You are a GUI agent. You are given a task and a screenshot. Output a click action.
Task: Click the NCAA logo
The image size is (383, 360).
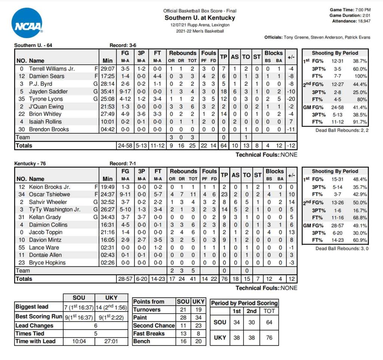(27, 23)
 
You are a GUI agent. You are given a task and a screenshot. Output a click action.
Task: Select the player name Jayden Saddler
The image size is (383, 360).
(49, 91)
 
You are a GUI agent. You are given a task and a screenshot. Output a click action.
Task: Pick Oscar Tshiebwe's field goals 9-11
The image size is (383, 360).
(125, 194)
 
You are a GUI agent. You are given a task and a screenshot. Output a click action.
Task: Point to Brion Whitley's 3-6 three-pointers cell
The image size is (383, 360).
(141, 114)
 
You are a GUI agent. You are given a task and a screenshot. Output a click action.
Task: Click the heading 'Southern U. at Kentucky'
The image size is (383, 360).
(200, 18)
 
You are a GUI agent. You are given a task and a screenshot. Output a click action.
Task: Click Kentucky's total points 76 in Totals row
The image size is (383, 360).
(224, 279)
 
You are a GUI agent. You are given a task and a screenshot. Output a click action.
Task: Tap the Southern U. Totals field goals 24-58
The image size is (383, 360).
(125, 146)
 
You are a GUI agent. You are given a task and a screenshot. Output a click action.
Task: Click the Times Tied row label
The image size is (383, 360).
(30, 333)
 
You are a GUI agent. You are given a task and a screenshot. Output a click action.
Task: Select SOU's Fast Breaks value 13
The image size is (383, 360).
(183, 333)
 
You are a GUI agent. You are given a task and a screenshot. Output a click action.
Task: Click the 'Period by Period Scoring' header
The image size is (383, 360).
(244, 303)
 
